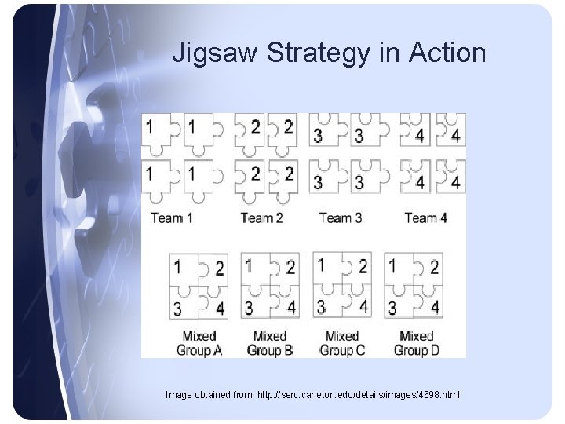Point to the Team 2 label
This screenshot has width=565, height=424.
(261, 217)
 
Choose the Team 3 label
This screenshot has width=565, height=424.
(341, 217)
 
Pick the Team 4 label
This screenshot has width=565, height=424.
(425, 217)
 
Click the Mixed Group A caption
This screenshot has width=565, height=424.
(199, 343)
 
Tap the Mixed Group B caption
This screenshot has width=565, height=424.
(269, 343)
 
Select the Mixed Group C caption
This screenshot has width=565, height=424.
(342, 343)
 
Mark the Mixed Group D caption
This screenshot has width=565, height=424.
(416, 343)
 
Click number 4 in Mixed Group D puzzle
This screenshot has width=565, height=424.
(434, 305)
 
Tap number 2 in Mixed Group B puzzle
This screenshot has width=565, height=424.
(290, 268)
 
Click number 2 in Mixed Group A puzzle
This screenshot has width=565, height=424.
(219, 269)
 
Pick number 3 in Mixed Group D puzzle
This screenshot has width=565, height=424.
(392, 306)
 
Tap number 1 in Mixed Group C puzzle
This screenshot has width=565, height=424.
(321, 265)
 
